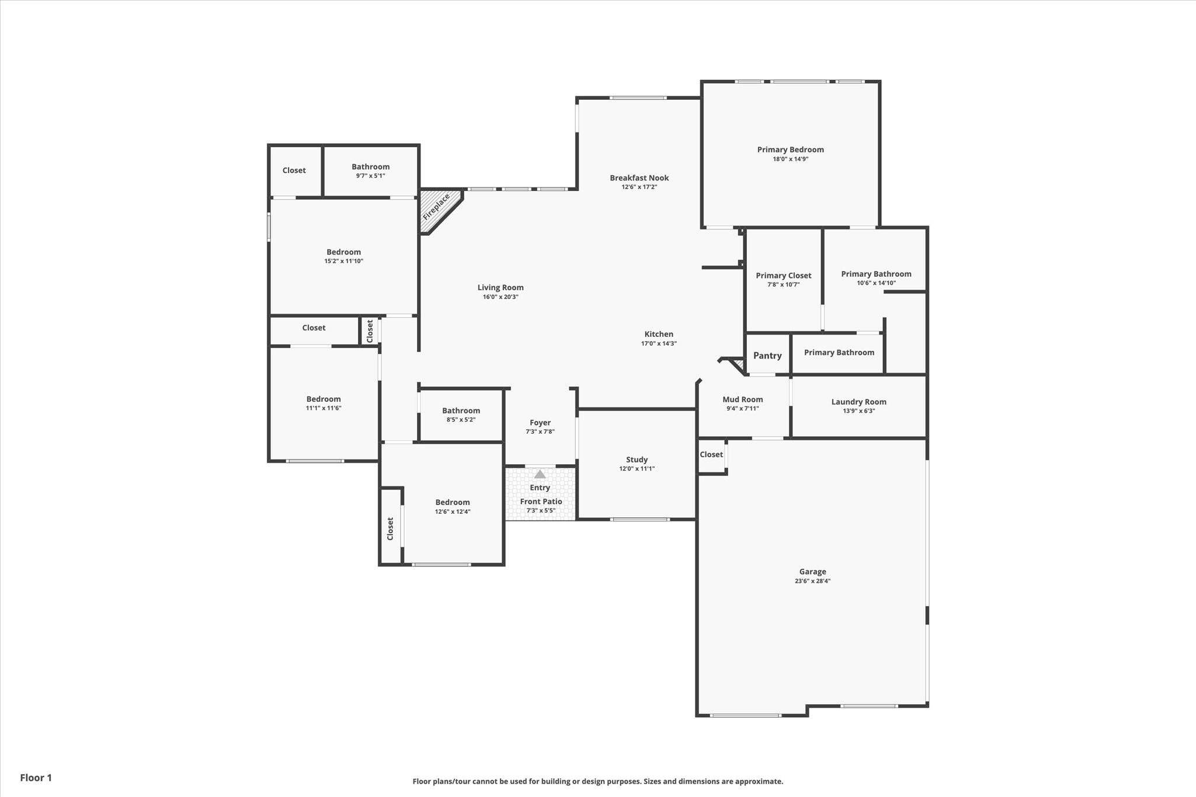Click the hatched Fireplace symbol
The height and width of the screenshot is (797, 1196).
click(x=437, y=207)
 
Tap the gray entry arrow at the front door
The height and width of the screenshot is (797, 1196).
click(x=540, y=474)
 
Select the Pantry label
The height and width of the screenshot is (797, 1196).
click(x=767, y=356)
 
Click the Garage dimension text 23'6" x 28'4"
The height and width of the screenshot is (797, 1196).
click(x=812, y=581)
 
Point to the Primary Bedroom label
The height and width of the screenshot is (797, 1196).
click(x=791, y=149)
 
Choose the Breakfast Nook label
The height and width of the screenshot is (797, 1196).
click(x=639, y=178)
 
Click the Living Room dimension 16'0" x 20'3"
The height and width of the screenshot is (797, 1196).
click(x=500, y=297)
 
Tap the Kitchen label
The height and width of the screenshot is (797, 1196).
click(x=659, y=335)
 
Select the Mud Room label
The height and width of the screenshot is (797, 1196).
click(x=743, y=399)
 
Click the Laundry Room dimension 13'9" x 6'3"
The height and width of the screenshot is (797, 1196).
click(x=858, y=410)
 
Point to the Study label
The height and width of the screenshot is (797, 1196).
click(x=637, y=460)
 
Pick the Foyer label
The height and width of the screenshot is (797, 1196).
click(x=540, y=423)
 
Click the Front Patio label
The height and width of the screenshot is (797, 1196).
click(x=541, y=502)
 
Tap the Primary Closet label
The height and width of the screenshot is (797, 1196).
click(x=784, y=276)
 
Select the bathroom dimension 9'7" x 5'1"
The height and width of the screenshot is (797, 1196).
click(x=370, y=176)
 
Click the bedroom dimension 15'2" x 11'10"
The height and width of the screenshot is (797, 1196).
click(x=343, y=261)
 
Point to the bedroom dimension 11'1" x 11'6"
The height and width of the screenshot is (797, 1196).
click(x=324, y=408)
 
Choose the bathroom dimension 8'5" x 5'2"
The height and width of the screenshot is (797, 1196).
click(x=461, y=420)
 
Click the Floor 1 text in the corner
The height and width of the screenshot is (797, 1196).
click(x=36, y=778)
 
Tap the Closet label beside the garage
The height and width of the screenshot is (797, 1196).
click(x=711, y=454)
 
